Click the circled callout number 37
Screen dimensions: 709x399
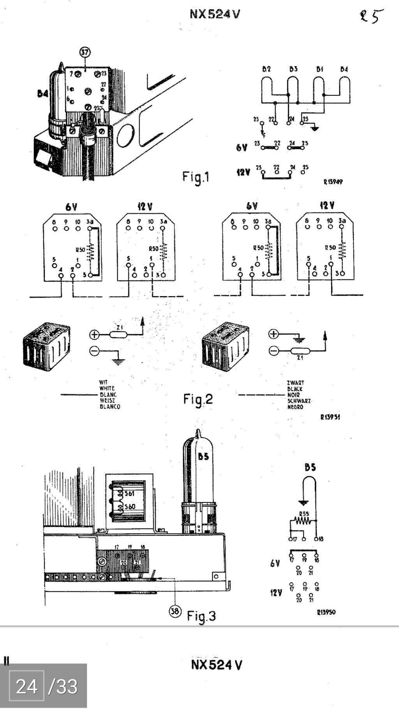tap(85, 52)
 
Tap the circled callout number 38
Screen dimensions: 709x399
tap(175, 611)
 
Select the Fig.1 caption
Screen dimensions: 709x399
tap(196, 177)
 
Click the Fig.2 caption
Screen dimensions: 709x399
tap(198, 399)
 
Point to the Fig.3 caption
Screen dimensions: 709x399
tap(201, 616)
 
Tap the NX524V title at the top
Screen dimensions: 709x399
tap(215, 14)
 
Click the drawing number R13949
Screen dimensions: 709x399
tap(333, 182)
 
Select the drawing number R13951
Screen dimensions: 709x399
tap(330, 417)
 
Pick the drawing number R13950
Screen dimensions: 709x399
tap(326, 612)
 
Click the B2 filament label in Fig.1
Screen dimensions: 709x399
tap(267, 69)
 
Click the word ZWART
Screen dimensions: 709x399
tap(295, 383)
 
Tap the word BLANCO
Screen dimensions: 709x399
tap(110, 407)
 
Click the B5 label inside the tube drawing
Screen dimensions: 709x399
tap(203, 456)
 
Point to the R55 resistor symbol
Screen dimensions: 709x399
tap(303, 520)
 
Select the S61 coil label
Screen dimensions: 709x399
tap(129, 494)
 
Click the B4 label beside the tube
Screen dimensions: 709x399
tap(43, 93)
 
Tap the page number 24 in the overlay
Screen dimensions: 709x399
tap(26, 686)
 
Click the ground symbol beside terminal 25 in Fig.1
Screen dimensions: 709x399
tap(315, 128)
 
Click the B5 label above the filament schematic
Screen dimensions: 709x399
tap(310, 467)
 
